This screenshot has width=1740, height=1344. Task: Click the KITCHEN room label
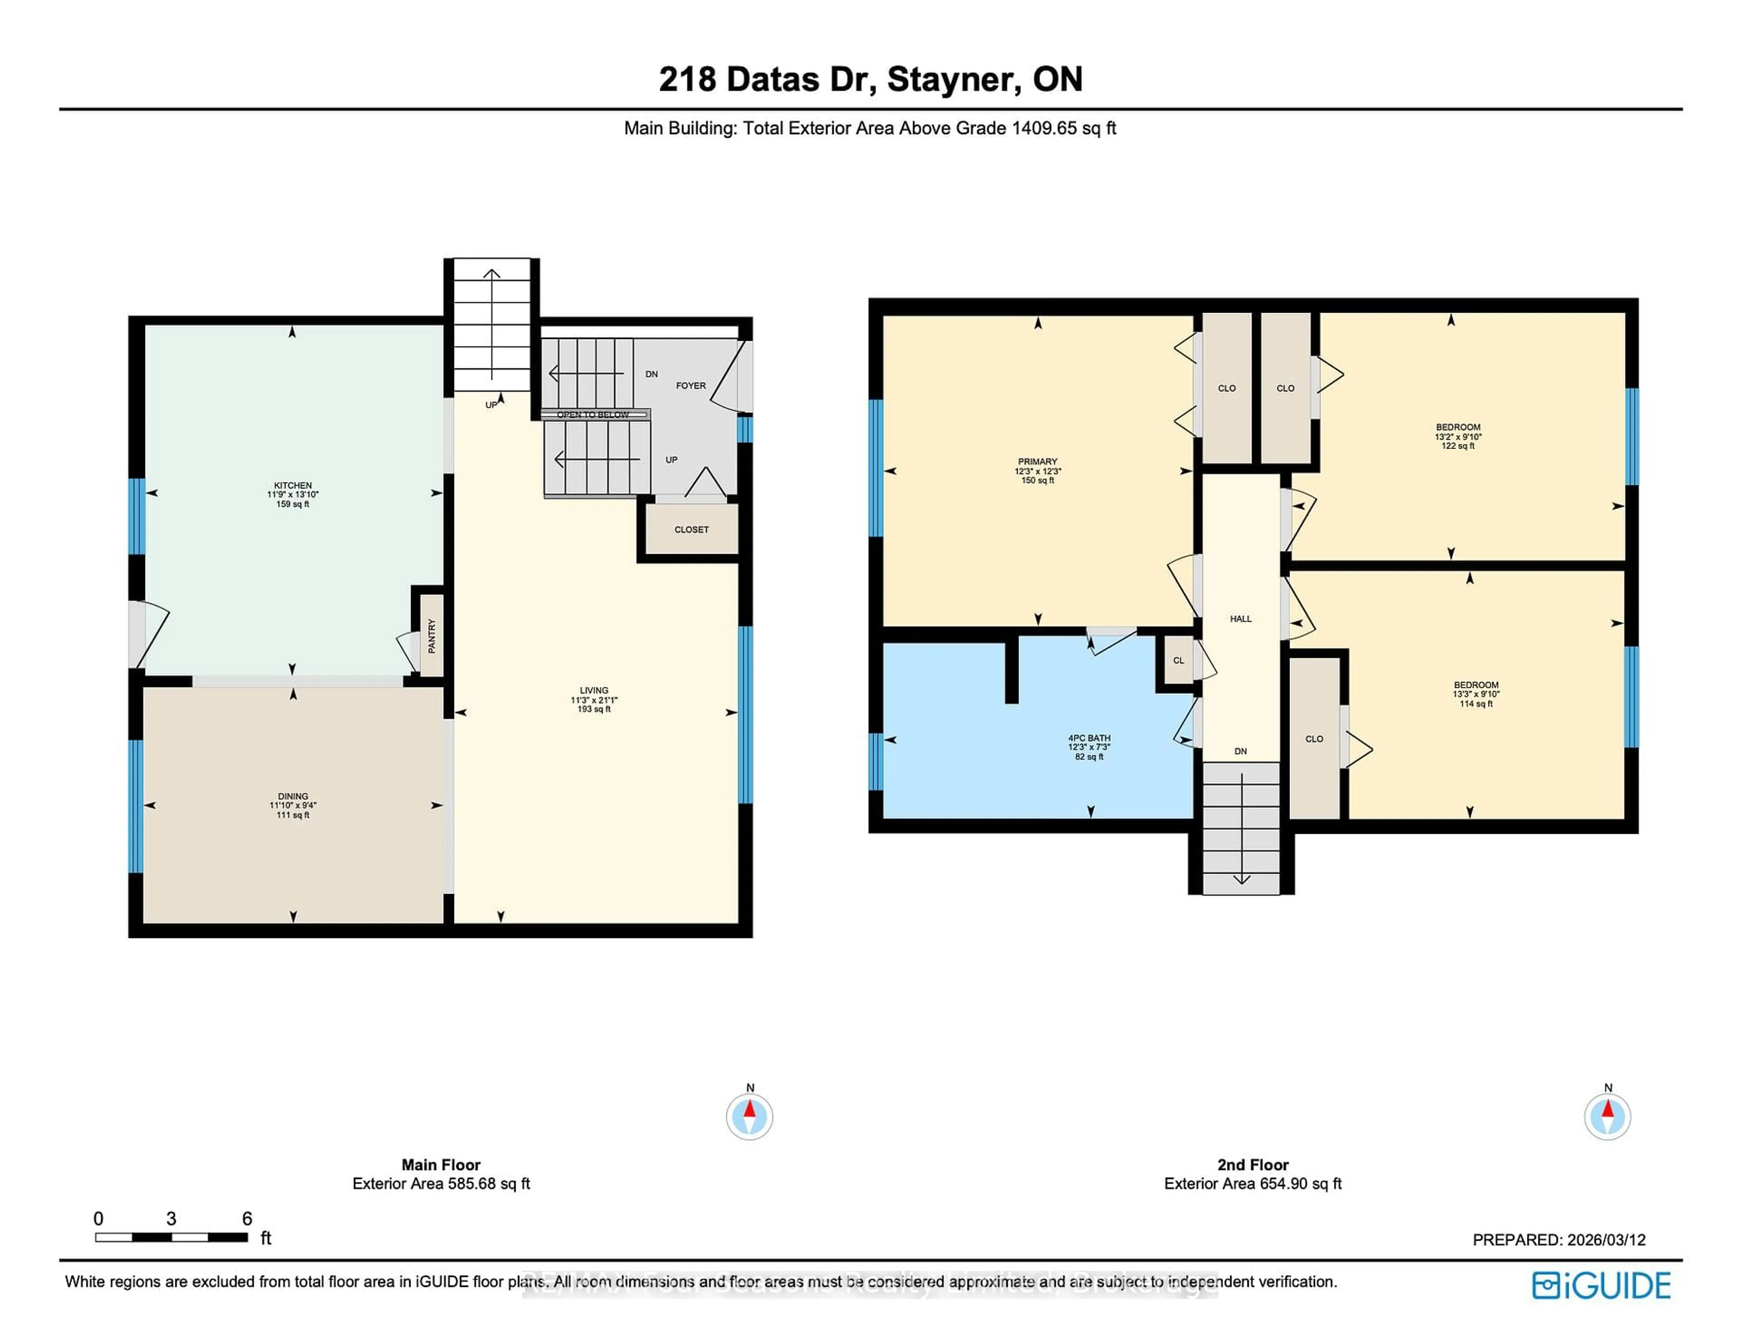292,485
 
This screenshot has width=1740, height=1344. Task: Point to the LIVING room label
594,691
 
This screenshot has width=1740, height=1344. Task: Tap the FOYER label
690,386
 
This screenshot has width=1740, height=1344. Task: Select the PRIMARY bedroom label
1037,461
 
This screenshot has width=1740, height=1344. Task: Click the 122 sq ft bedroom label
1458,436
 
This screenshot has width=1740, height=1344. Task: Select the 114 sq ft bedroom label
1475,694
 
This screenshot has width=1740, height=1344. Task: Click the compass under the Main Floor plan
749,1116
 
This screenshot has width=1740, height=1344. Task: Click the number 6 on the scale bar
247,1218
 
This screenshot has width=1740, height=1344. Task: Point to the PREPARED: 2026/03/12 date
1558,1240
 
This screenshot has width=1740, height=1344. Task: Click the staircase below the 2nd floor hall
1241,828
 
